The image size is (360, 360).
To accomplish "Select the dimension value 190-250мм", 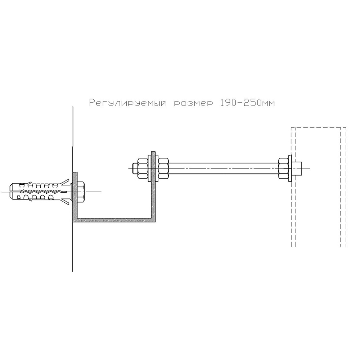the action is pos(247,103).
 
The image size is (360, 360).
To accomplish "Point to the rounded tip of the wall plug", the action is pos(12,191).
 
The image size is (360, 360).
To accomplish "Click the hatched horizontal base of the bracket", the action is pos(114,220).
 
